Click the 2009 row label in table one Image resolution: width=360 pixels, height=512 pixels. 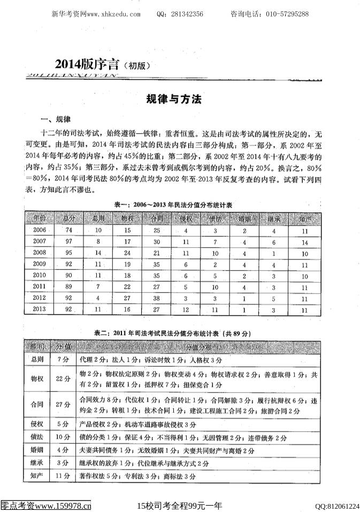(x=40, y=264)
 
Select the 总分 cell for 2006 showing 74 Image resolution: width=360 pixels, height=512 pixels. (x=68, y=230)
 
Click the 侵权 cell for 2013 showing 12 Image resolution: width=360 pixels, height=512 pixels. (x=185, y=309)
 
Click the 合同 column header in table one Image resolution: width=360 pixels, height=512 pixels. (x=156, y=218)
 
